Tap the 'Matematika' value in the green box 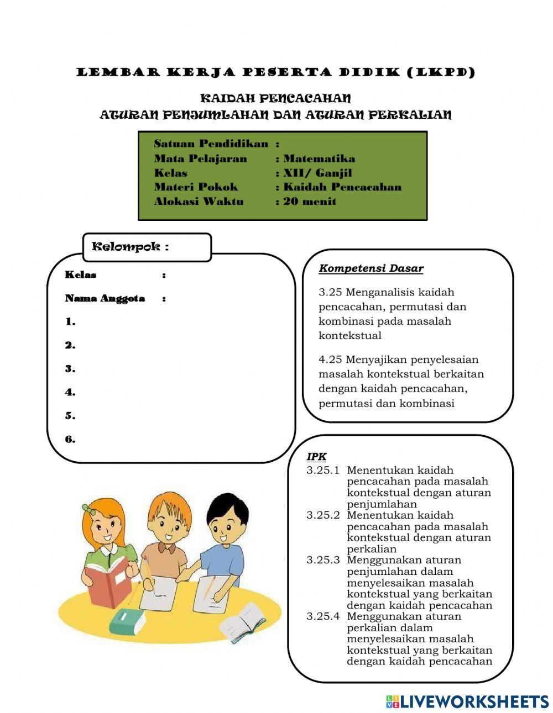tap(319, 159)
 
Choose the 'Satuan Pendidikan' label tap(211, 144)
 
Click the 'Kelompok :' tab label tap(130, 247)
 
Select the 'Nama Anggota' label tap(105, 299)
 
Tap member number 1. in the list tap(70, 322)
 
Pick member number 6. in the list tap(70, 440)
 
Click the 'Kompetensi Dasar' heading tap(371, 269)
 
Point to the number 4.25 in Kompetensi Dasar tap(330, 360)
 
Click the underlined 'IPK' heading tap(316, 457)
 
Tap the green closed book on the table tap(127, 621)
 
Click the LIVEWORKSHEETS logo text tap(473, 701)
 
